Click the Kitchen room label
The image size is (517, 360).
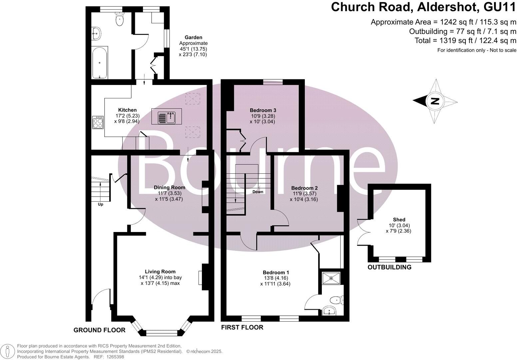[127, 110]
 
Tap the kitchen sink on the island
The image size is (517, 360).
[167, 116]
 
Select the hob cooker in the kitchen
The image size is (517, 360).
[98, 122]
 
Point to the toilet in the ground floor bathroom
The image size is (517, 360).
[119, 20]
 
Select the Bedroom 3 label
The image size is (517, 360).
[263, 110]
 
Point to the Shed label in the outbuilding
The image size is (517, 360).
[399, 219]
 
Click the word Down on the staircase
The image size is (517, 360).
[258, 192]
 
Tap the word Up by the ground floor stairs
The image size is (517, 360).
[100, 204]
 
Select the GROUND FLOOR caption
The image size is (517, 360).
[99, 330]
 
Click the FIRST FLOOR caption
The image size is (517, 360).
[242, 327]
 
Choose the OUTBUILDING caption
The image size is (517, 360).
[389, 267]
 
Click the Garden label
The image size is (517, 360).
[193, 38]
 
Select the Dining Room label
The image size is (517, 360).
[169, 187]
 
